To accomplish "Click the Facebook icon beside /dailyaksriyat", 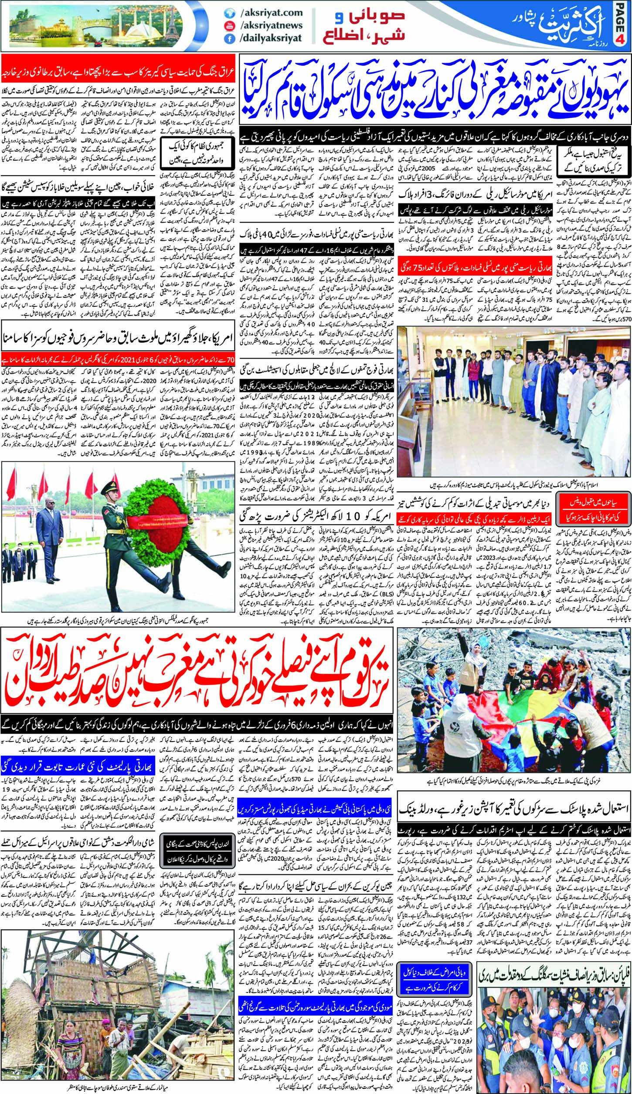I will point(228,37).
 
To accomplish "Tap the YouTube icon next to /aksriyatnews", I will point(228,25).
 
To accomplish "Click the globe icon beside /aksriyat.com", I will point(228,13).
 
